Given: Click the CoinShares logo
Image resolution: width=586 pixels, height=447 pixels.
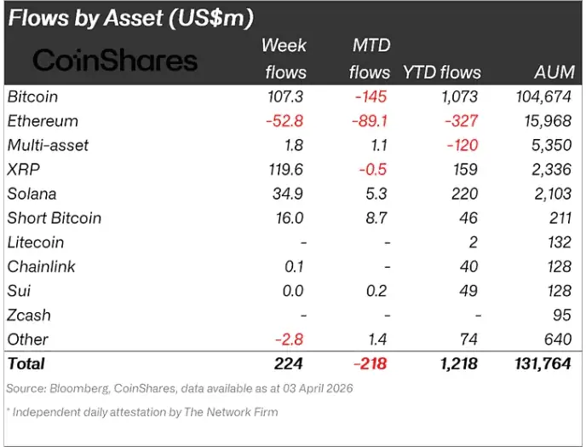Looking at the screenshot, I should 115,59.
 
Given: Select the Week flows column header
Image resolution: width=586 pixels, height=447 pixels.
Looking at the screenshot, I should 284,58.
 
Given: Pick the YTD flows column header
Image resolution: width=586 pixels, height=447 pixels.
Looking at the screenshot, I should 441,73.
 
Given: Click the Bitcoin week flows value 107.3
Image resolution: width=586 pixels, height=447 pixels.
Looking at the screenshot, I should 285,97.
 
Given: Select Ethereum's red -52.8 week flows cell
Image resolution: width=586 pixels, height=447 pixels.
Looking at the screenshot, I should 284,121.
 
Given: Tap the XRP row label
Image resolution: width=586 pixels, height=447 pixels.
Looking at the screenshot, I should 24,170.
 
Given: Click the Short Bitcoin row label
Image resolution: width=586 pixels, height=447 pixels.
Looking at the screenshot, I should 54,218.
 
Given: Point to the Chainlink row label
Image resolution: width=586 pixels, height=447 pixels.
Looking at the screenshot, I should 41,267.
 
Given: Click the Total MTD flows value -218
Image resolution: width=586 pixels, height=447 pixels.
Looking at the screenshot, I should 368,364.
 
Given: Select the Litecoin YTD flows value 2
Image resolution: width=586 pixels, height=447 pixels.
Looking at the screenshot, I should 473,242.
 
